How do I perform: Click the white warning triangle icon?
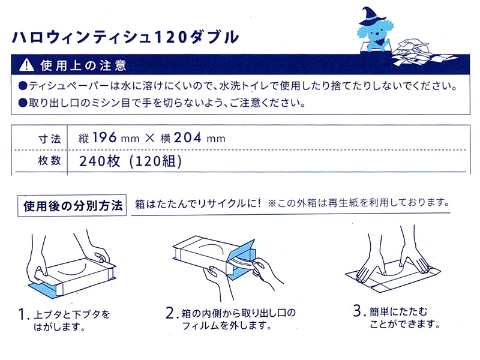click(x=26, y=65)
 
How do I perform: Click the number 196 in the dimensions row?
click(x=104, y=137)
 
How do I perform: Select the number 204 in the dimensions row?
click(x=188, y=137)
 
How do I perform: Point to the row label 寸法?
click(x=50, y=139)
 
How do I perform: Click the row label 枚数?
click(x=50, y=160)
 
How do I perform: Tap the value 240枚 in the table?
click(x=100, y=161)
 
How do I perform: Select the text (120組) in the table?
click(x=155, y=161)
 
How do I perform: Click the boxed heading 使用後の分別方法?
click(x=72, y=206)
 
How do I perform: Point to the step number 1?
click(x=22, y=314)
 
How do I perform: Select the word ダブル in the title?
click(x=214, y=37)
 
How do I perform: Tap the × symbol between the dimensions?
click(x=149, y=139)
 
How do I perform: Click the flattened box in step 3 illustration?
click(x=393, y=276)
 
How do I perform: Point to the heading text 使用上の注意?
click(x=83, y=65)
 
